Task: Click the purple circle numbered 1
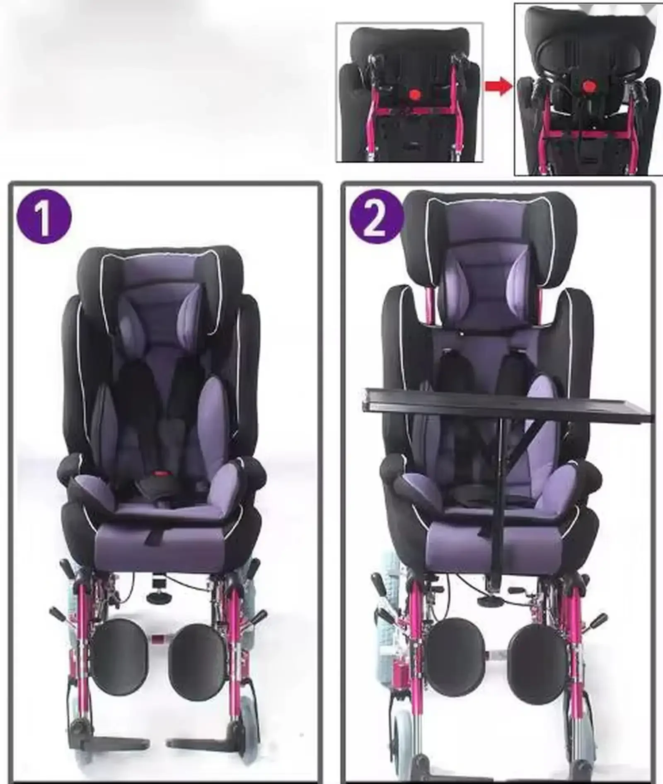click(44, 216)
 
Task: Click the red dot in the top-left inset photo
click(414, 94)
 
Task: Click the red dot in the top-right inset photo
click(587, 86)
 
